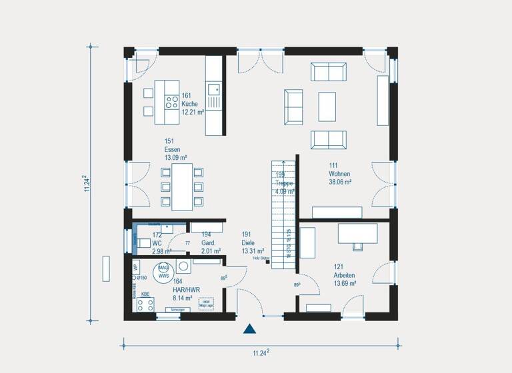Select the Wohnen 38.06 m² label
340,173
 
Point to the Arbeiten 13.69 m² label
345,274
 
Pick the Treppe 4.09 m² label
285,183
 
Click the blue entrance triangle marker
250,328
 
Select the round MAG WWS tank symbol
163,271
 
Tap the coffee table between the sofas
327,107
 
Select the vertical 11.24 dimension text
86,184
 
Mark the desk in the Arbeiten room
357,234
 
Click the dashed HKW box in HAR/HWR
207,302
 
